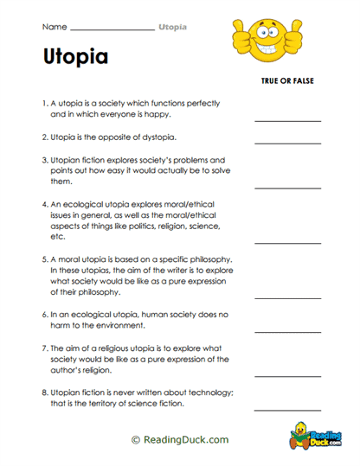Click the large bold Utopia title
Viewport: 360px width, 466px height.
[75, 57]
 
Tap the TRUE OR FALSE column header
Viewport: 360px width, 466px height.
[286, 80]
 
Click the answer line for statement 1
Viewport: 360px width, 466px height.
[286, 120]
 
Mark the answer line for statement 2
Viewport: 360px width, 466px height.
[286, 143]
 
